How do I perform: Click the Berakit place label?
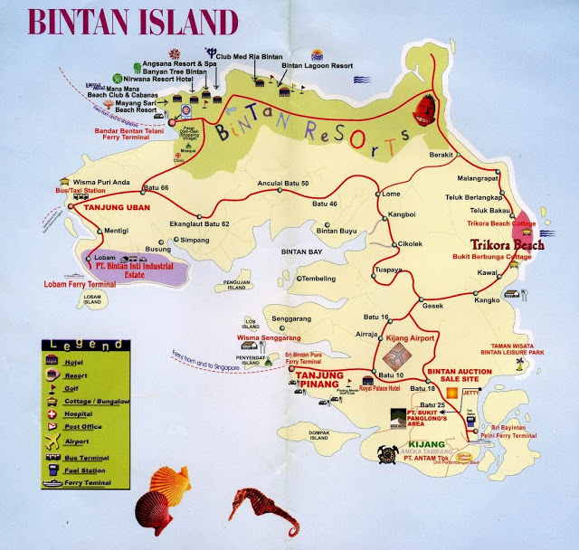[440, 155]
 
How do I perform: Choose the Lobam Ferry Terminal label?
[80, 283]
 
